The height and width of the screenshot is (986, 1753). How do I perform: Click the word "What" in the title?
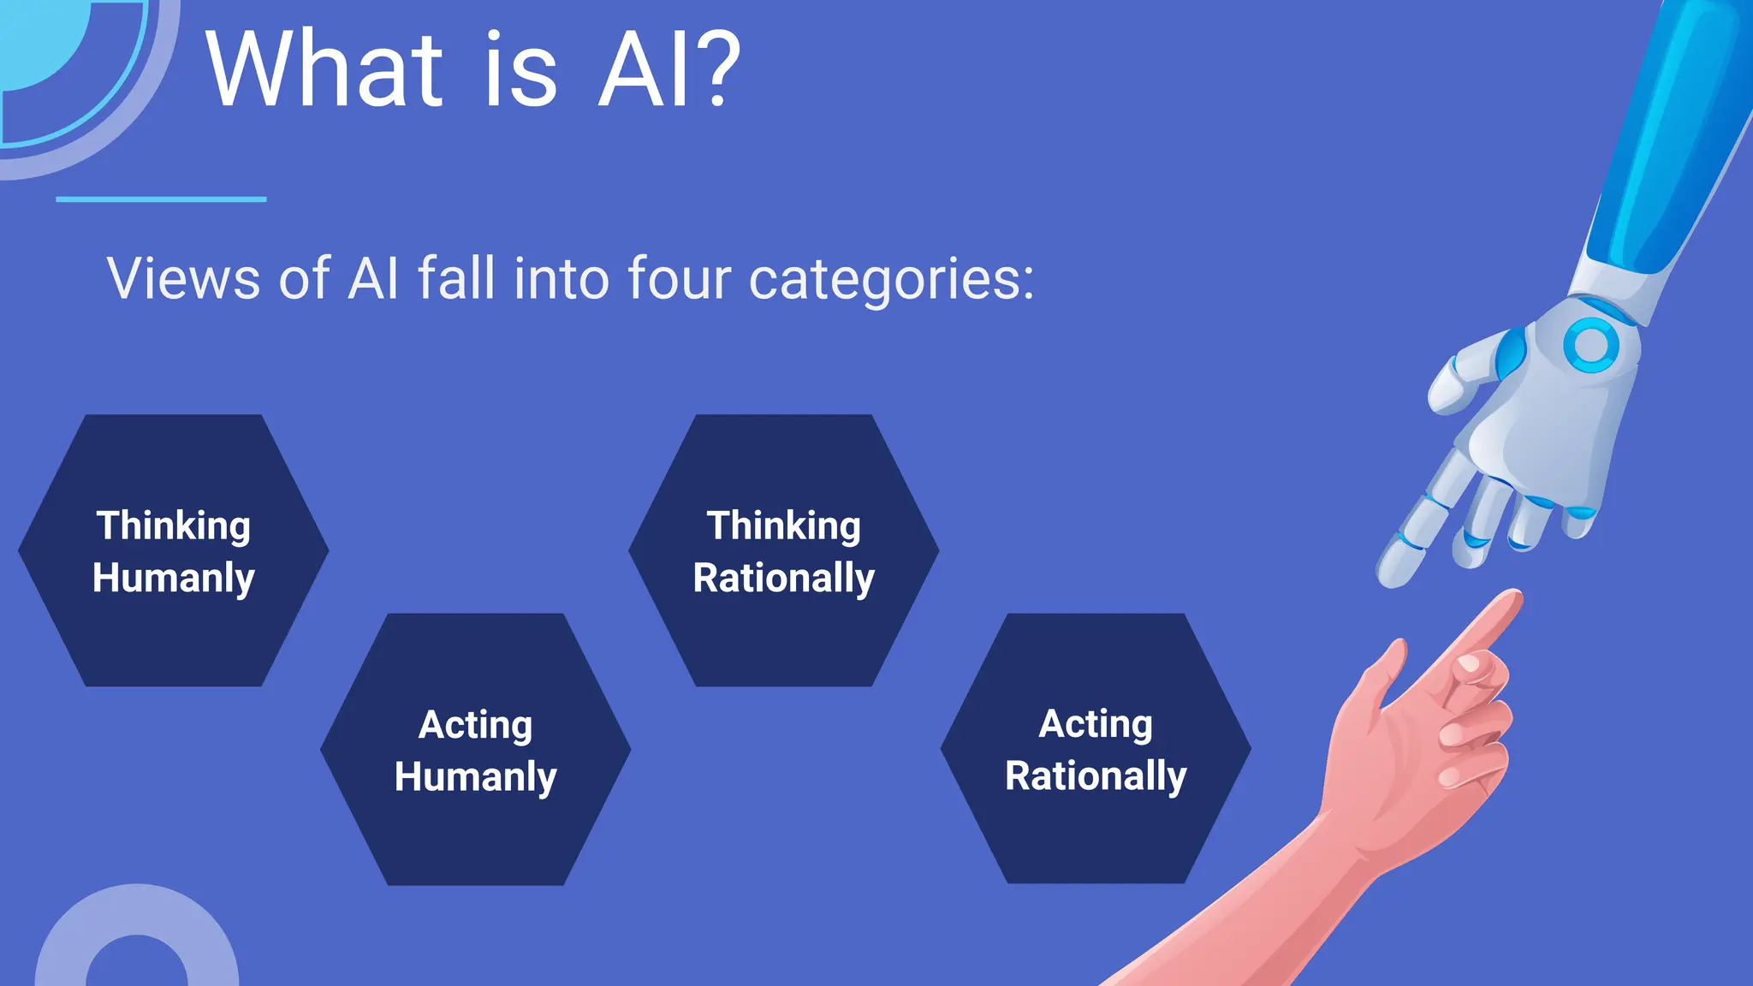pos(324,70)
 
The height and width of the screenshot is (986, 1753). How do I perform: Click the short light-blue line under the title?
pos(161,199)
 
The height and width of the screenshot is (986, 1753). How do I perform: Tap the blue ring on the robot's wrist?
pos(1590,346)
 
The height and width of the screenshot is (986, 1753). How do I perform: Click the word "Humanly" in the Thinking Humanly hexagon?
pos(173,579)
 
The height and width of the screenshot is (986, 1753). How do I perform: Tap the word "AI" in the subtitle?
pos(373,278)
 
